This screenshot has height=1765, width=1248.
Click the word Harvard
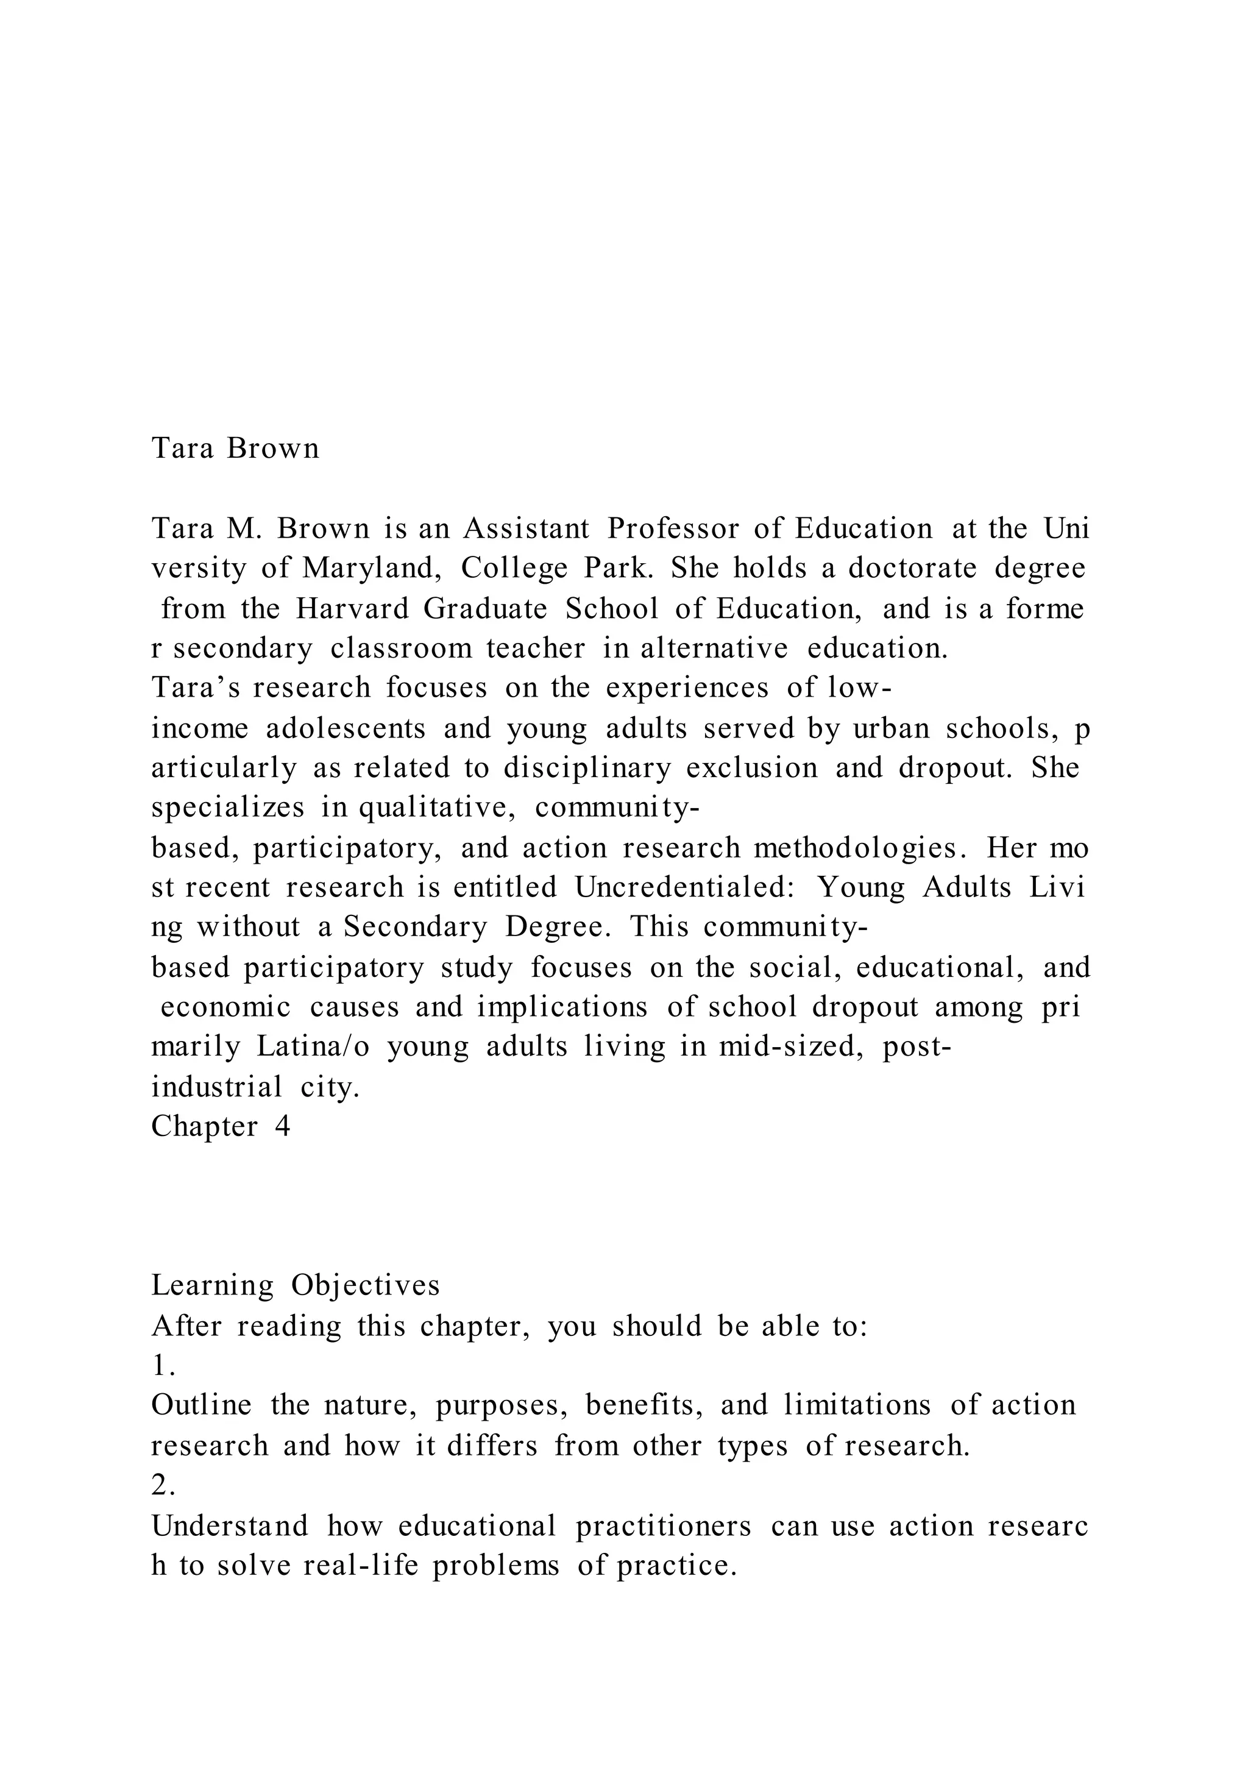[x=353, y=609]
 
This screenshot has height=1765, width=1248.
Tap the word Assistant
[x=526, y=529]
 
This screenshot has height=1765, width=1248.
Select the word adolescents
[x=346, y=729]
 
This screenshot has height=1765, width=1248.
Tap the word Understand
[x=230, y=1526]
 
